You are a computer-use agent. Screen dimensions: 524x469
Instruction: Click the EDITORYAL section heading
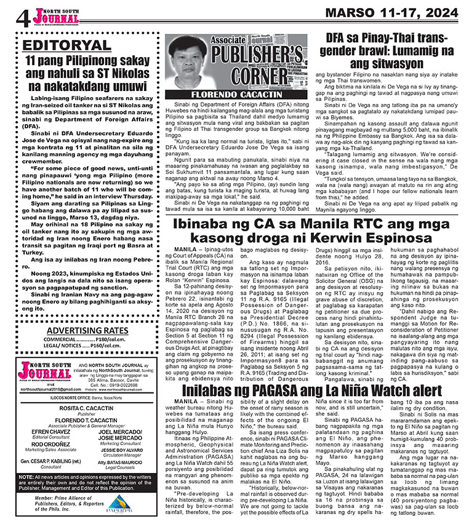pos(66,46)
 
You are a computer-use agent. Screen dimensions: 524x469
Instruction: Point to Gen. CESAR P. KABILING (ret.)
pos(50,477)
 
